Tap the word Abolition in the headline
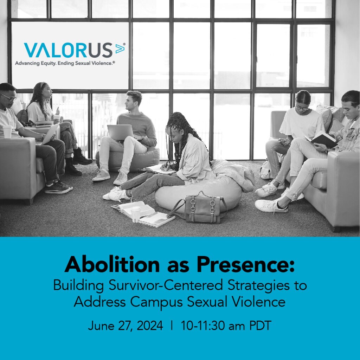click(x=112, y=264)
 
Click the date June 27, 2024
click(x=126, y=326)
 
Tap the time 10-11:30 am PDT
click(x=226, y=326)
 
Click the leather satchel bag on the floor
click(x=200, y=208)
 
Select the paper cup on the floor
click(x=135, y=214)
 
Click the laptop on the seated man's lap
click(x=120, y=132)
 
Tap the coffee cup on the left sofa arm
click(x=7, y=132)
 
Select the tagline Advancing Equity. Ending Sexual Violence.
click(x=65, y=63)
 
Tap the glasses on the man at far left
click(x=9, y=98)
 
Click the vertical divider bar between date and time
click(x=172, y=325)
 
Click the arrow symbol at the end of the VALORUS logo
click(x=120, y=48)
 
